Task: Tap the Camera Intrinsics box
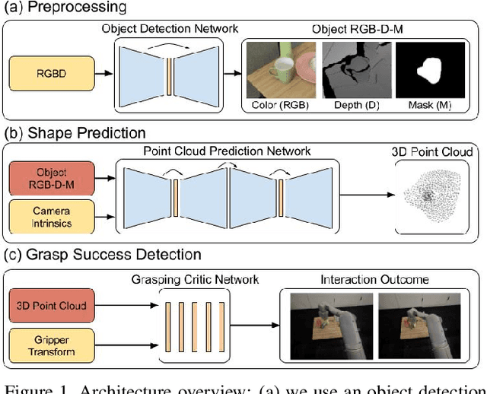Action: [x=51, y=216]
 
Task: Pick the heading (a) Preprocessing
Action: [x=65, y=8]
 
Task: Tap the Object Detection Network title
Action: [x=170, y=29]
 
